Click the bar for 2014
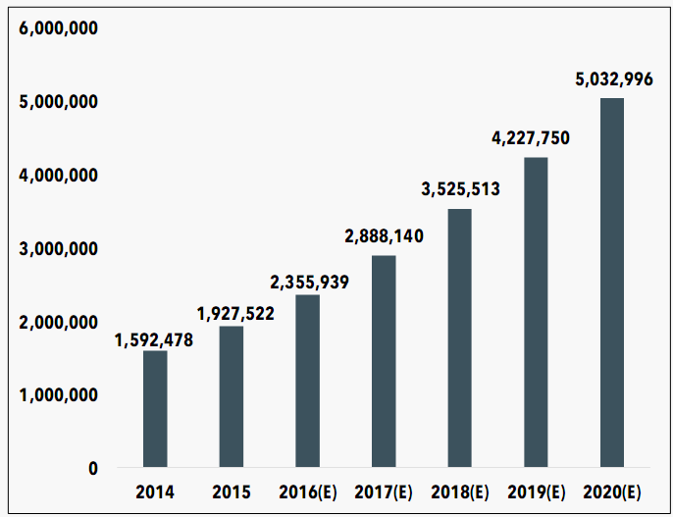click(155, 409)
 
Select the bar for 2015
click(232, 396)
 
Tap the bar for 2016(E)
click(307, 381)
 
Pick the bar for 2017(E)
click(384, 361)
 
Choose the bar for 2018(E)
click(459, 337)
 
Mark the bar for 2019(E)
click(536, 312)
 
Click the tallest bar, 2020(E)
click(611, 283)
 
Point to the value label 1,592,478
click(155, 340)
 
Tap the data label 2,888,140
click(384, 236)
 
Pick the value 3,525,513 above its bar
click(461, 189)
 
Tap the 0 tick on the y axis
click(92, 468)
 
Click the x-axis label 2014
click(155, 491)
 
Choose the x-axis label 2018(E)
click(459, 491)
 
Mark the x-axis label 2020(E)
click(611, 491)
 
